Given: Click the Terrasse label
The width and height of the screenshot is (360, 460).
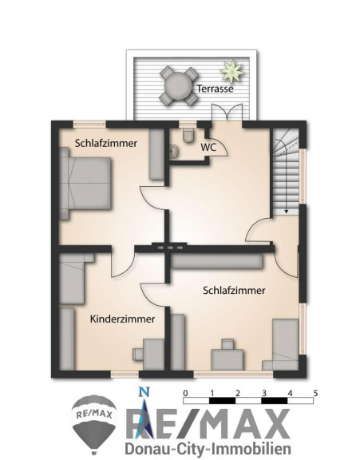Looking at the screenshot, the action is click(x=215, y=89).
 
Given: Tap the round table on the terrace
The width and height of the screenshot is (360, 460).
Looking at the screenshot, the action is click(x=178, y=86).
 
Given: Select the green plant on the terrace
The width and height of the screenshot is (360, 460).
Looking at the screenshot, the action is click(x=232, y=71).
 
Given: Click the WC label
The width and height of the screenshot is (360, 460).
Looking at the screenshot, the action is click(x=208, y=147).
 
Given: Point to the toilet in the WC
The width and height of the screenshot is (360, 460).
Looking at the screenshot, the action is click(x=188, y=135).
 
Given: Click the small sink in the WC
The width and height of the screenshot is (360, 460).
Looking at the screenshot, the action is click(x=173, y=152).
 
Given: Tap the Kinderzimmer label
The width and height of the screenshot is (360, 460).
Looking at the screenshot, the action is click(x=123, y=319).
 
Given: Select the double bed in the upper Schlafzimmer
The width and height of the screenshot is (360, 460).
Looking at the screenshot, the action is click(x=85, y=184).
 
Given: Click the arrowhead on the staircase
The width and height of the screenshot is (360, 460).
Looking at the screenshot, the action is click(x=286, y=211).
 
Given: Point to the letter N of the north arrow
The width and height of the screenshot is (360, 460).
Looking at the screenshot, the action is click(x=144, y=391).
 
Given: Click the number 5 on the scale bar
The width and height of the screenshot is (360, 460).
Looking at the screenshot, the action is click(x=315, y=393).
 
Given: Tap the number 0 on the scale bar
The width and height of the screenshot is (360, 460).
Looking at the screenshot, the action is click(x=185, y=393).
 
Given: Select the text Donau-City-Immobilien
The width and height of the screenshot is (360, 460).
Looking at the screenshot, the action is click(x=208, y=449).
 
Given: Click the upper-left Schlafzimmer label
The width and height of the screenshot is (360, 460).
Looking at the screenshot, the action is click(x=106, y=144).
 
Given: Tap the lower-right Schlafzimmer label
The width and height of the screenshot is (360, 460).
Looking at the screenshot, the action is click(x=234, y=291).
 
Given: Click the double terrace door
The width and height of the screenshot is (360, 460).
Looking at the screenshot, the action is click(x=227, y=113).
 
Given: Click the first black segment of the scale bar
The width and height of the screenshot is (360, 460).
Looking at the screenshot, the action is click(x=222, y=401).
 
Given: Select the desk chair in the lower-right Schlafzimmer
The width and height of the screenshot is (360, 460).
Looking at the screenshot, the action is click(x=227, y=344).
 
